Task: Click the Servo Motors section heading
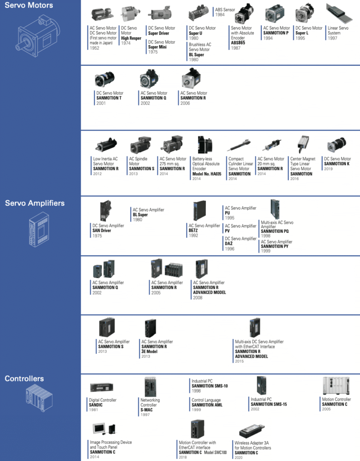tap(29, 5)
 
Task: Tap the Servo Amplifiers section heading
tap(35, 203)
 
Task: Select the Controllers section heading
tap(24, 379)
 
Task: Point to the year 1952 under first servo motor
tap(95, 48)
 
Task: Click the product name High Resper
tap(131, 38)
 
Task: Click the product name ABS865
tap(239, 43)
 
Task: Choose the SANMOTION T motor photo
tap(105, 80)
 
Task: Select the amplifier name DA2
tap(228, 243)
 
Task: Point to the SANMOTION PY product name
tap(276, 246)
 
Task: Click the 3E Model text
tap(150, 351)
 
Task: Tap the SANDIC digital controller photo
tap(101, 387)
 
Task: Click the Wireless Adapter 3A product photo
tap(255, 431)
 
